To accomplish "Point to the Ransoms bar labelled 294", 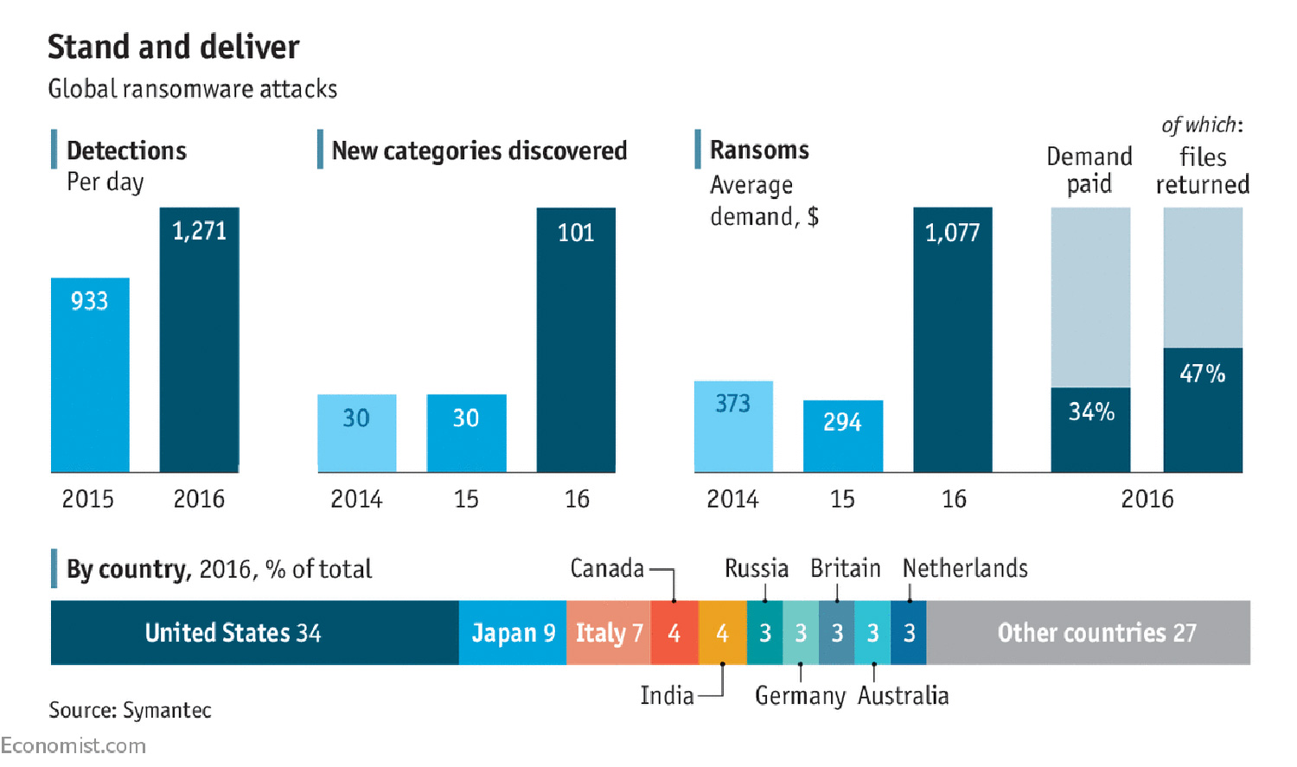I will click(x=843, y=436).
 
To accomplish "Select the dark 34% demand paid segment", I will click(x=1090, y=430).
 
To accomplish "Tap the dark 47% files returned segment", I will click(x=1203, y=410).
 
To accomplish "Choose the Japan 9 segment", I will click(x=513, y=633).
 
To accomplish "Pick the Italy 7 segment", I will click(x=609, y=633).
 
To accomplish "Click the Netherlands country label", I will click(x=965, y=568).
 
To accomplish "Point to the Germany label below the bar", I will click(x=800, y=695).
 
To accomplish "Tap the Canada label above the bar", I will click(x=607, y=568).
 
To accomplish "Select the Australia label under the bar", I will click(x=904, y=695).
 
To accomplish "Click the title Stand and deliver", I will click(x=173, y=47).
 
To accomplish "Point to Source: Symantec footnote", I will click(x=130, y=710).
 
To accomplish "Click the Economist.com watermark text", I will click(x=73, y=745).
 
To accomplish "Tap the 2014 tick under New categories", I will click(x=356, y=499).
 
